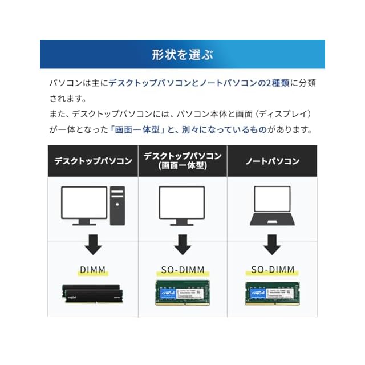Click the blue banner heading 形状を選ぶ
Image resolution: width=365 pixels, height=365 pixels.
tap(182, 55)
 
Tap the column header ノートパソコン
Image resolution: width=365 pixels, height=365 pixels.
tap(272, 161)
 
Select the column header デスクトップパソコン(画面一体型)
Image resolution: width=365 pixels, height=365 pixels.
tap(182, 161)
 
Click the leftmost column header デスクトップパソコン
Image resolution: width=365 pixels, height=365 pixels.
tap(93, 161)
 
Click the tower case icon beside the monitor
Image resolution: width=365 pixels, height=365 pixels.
tap(117, 206)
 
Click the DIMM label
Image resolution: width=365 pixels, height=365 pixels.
tap(93, 270)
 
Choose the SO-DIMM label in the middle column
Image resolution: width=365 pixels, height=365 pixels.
tap(182, 270)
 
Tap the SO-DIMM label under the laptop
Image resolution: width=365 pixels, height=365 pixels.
tap(272, 270)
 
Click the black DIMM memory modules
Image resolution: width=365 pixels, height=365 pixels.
tap(93, 294)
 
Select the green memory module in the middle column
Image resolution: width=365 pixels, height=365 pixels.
tap(182, 293)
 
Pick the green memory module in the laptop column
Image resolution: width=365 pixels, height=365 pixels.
tap(272, 293)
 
